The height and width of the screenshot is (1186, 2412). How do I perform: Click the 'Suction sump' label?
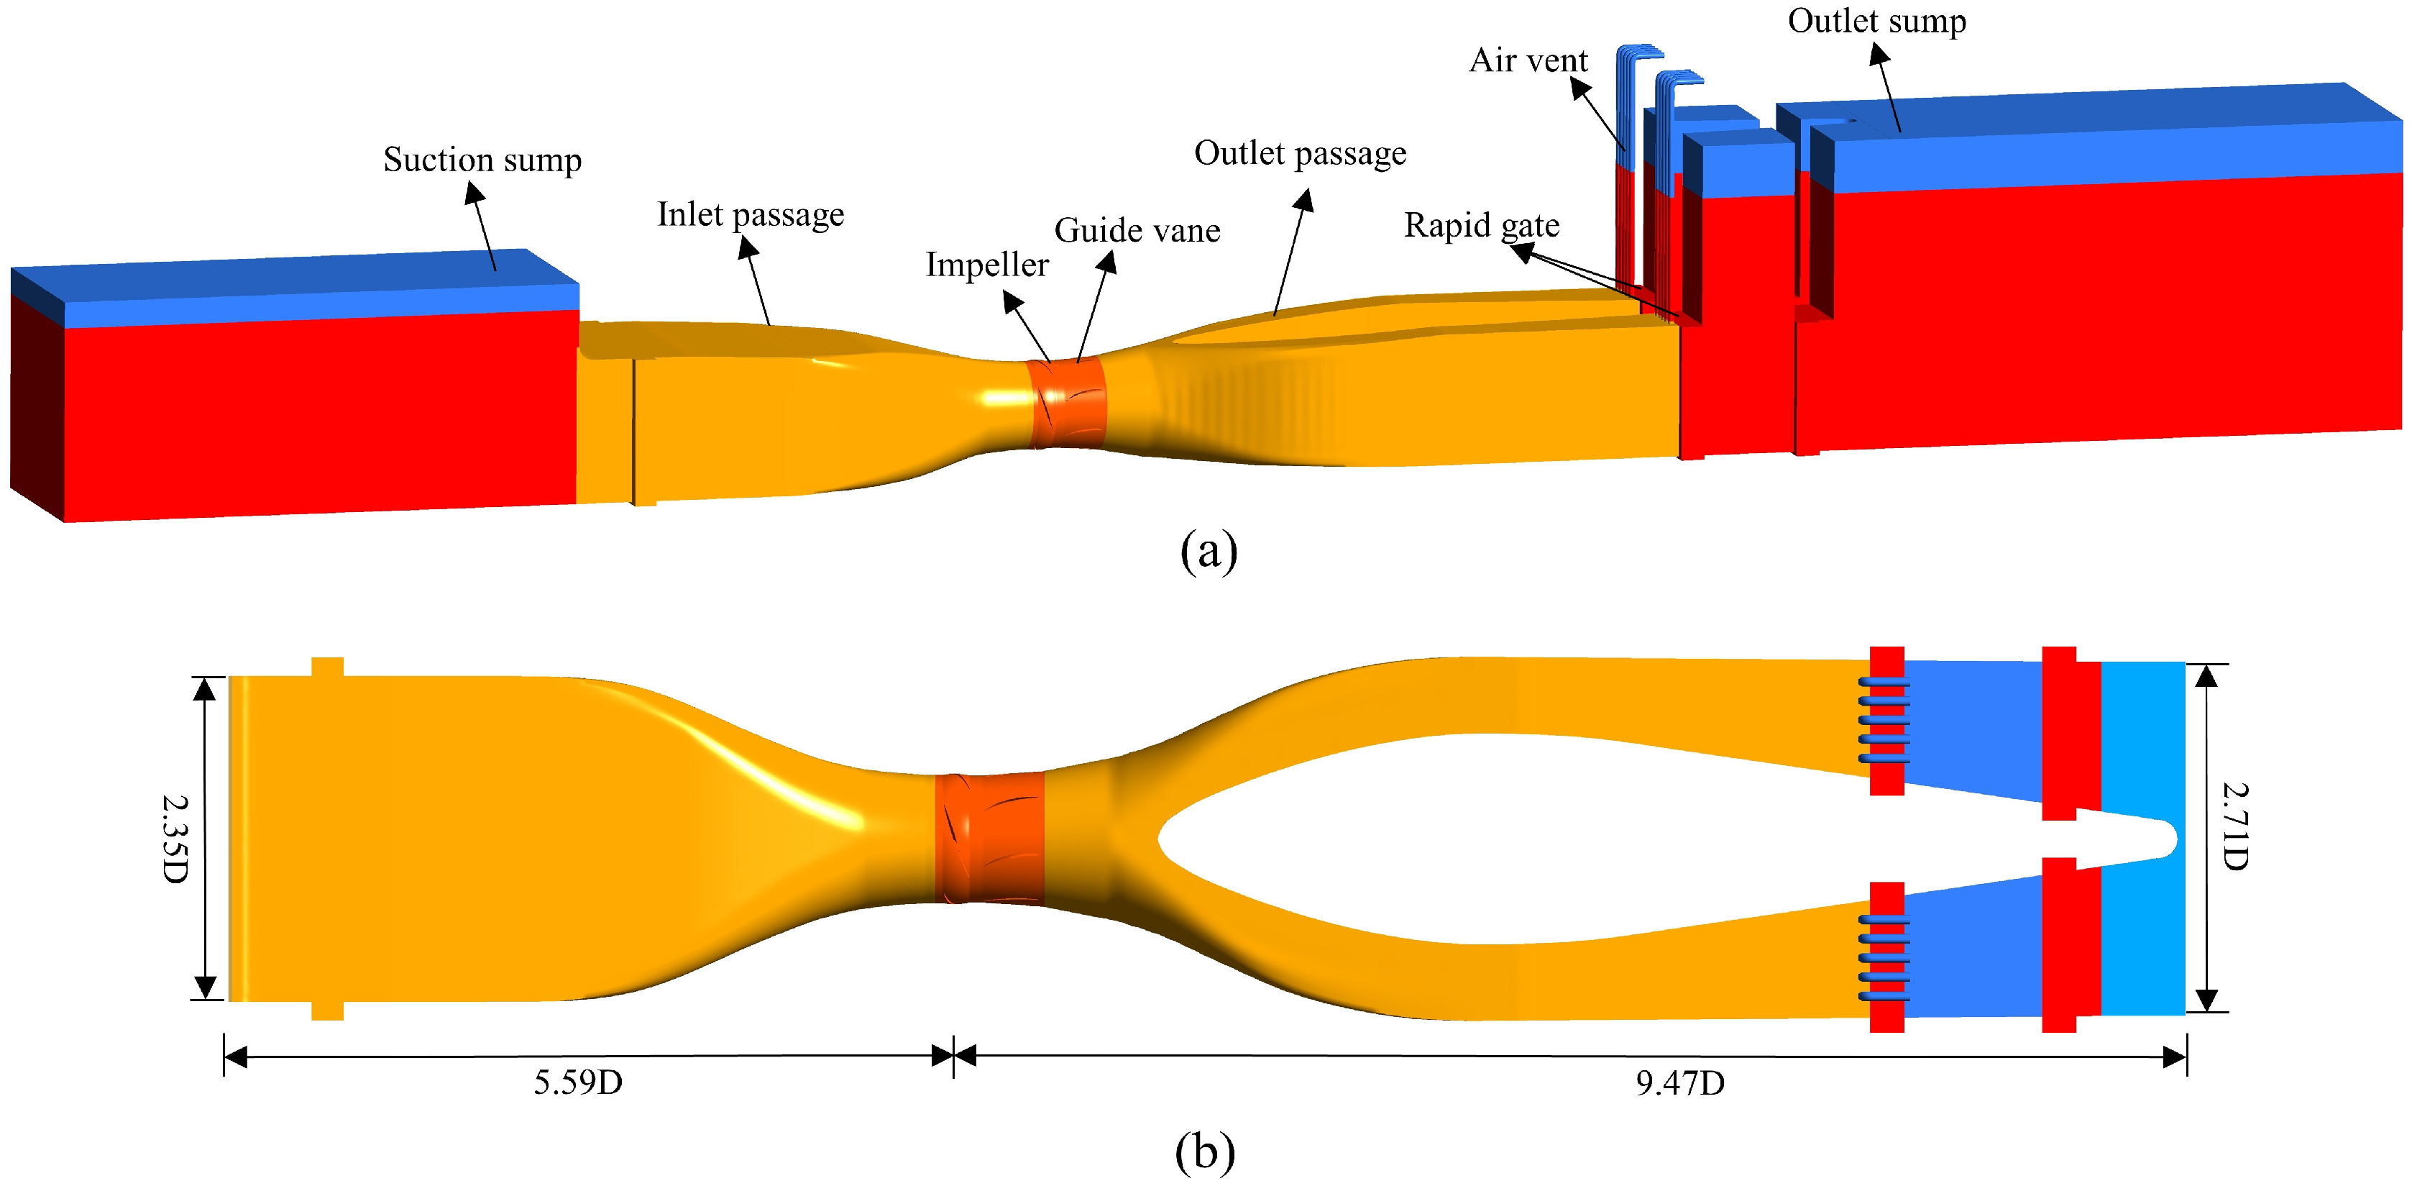(482, 160)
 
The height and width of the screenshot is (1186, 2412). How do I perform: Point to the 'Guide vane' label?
(1137, 230)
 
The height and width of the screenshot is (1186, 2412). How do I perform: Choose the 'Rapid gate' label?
(1481, 226)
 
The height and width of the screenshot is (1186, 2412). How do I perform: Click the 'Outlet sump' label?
(1876, 21)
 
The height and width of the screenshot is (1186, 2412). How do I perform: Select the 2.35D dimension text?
(175, 839)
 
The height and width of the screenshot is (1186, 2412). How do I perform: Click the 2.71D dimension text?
(2236, 826)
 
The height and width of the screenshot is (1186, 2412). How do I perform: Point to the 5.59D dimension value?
(578, 1083)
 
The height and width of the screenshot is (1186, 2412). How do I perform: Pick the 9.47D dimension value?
(1680, 1083)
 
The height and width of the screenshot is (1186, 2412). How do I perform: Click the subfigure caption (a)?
(1208, 551)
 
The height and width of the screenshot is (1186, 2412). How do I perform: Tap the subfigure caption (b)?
(1204, 1151)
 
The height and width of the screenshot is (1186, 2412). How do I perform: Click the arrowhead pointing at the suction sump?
(473, 191)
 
